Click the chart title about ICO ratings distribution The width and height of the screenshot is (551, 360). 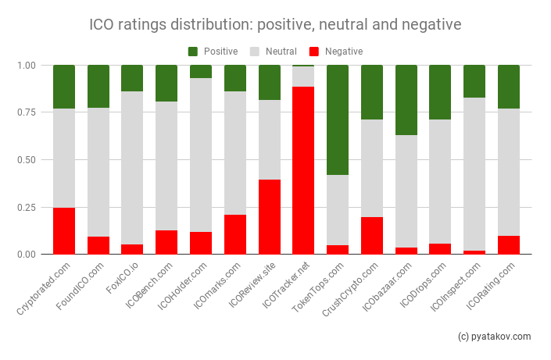click(276, 25)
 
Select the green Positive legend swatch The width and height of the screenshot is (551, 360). click(193, 52)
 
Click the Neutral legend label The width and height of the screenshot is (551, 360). click(281, 52)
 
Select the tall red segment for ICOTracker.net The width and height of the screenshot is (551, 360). click(303, 170)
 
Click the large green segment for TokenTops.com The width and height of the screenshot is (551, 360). click(338, 119)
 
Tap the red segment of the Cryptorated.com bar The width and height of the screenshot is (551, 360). click(64, 230)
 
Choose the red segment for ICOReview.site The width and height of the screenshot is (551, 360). click(270, 216)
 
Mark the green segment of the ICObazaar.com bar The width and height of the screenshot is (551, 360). click(406, 100)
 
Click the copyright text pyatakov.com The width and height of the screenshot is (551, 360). click(494, 337)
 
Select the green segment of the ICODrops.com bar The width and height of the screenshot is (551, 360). click(440, 92)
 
